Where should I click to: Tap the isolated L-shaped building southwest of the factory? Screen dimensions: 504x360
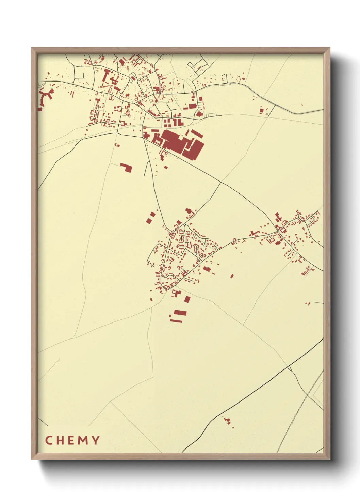[127, 167]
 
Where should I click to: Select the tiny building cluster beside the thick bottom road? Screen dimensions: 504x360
[228, 421]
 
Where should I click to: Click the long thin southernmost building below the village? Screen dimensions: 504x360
[176, 320]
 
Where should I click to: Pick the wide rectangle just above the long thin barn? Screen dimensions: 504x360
[180, 313]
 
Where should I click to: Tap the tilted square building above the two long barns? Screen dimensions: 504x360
[187, 299]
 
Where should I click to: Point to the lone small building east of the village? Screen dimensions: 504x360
[232, 276]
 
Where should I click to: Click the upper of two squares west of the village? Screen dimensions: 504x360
[152, 215]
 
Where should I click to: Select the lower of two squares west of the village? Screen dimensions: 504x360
[148, 221]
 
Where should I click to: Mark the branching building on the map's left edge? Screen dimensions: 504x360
[45, 97]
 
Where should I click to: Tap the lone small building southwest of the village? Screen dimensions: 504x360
[151, 300]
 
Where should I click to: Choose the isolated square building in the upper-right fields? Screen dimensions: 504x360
[262, 110]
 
